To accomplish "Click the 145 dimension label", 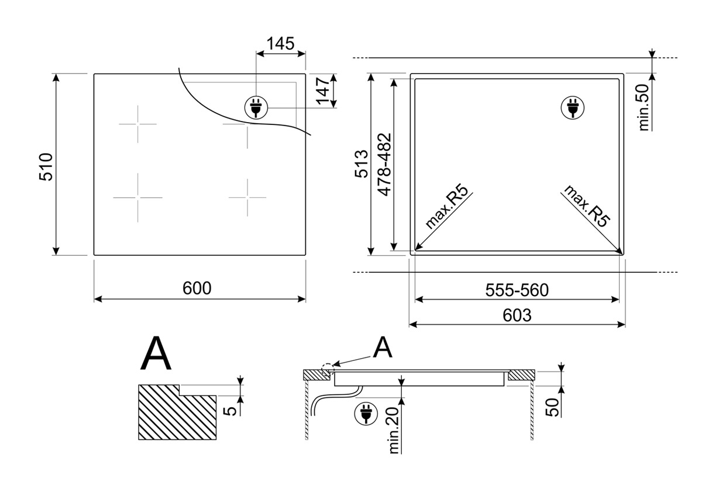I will [281, 43].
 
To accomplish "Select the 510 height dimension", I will [46, 166].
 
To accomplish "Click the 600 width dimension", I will [197, 288].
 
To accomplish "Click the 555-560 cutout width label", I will [517, 290].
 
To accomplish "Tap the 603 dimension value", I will [517, 315].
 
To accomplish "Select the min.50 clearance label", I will [644, 107].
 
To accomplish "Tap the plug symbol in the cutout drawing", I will [571, 108].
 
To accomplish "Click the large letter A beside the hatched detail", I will [156, 353].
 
